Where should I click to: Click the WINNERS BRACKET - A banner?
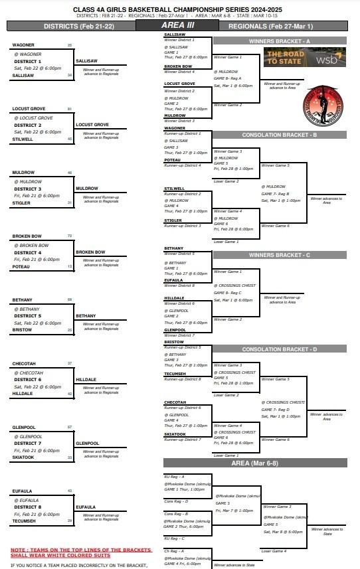280,41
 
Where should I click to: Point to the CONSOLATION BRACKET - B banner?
280,135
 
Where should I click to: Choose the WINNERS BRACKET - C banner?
280,254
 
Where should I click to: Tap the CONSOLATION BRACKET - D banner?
280,349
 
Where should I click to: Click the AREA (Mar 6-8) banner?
255,462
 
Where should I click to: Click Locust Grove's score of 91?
70,109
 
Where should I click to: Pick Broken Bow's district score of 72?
70,236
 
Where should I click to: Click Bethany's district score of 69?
70,299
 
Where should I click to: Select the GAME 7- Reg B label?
275,193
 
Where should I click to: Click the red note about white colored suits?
81,552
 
